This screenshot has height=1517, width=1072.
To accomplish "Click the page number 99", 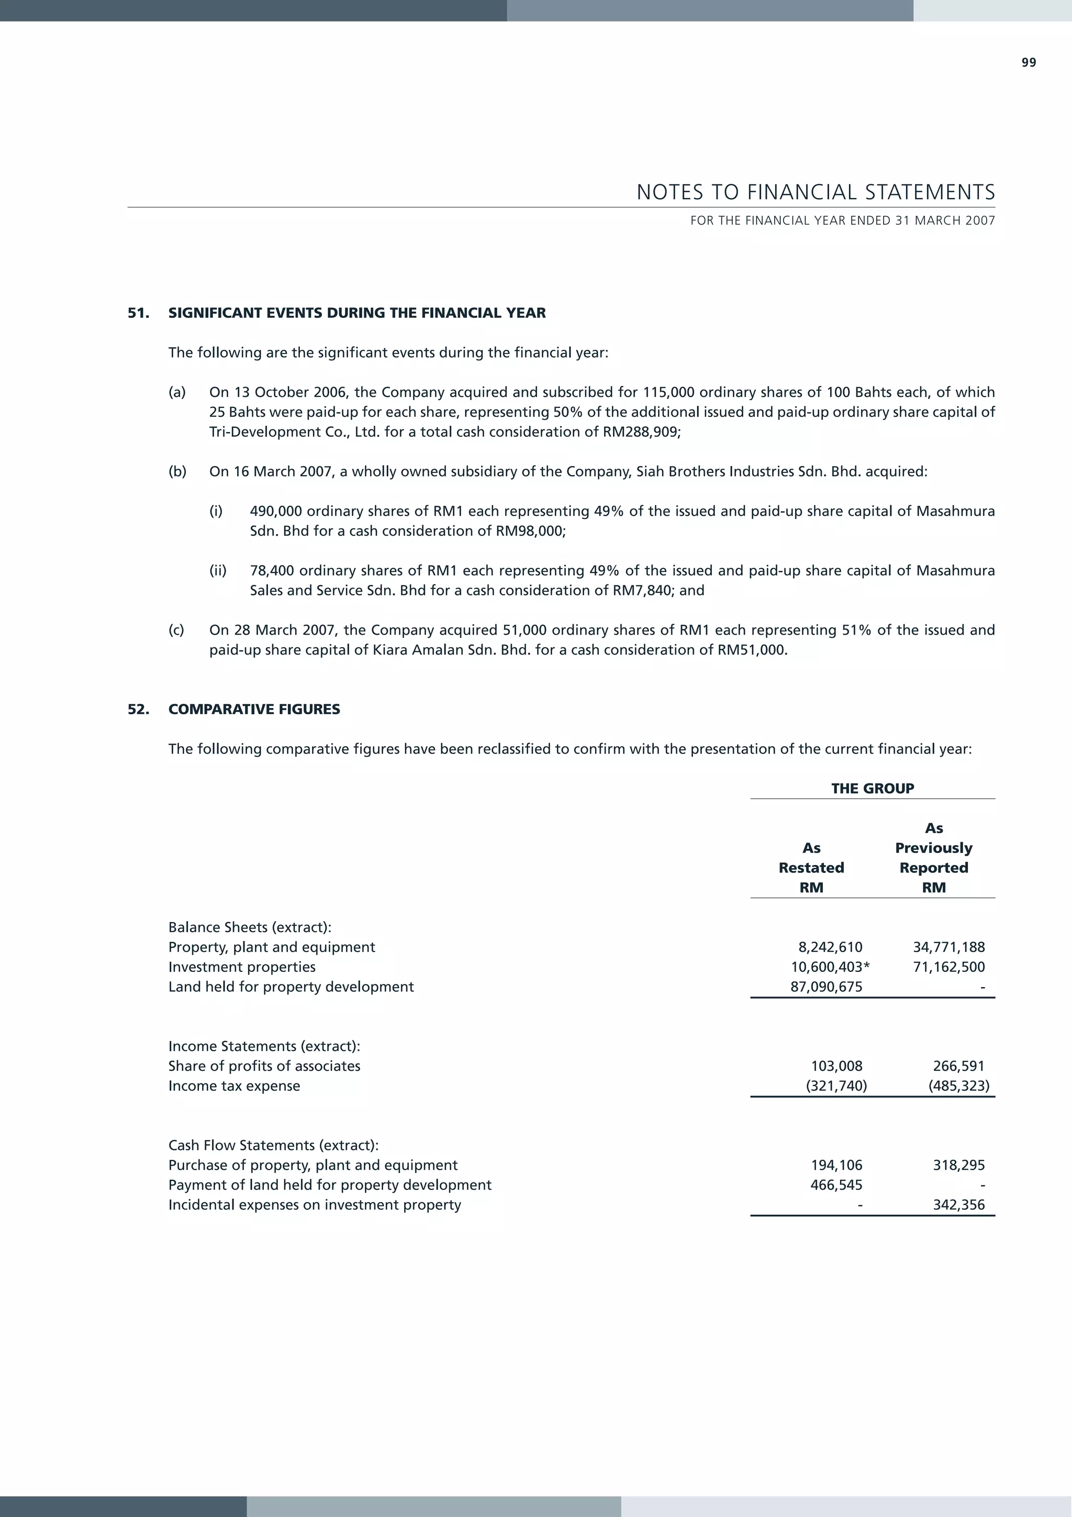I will tap(1029, 63).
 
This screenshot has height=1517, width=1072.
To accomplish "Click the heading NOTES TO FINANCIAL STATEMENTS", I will tap(815, 192).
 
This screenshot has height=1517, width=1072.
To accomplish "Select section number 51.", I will tap(138, 313).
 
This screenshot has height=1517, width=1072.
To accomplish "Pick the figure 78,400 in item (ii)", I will tap(272, 571).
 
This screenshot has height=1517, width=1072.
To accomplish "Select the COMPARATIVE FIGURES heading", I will tap(254, 710).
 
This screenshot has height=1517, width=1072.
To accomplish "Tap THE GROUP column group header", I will tap(872, 788).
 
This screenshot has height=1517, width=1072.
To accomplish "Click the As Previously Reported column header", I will tap(933, 858).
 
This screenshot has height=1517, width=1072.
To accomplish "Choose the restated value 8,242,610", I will tap(830, 947).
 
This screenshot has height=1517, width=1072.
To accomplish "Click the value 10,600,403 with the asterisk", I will tap(830, 967).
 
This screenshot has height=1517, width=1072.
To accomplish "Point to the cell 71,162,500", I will tap(948, 967).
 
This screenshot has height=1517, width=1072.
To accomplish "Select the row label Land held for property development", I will tap(291, 987).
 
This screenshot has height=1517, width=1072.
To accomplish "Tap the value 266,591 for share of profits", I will tap(958, 1066).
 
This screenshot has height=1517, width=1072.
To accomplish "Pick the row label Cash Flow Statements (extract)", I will tap(273, 1146).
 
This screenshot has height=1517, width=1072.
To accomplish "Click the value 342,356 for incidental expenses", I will tap(958, 1205).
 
